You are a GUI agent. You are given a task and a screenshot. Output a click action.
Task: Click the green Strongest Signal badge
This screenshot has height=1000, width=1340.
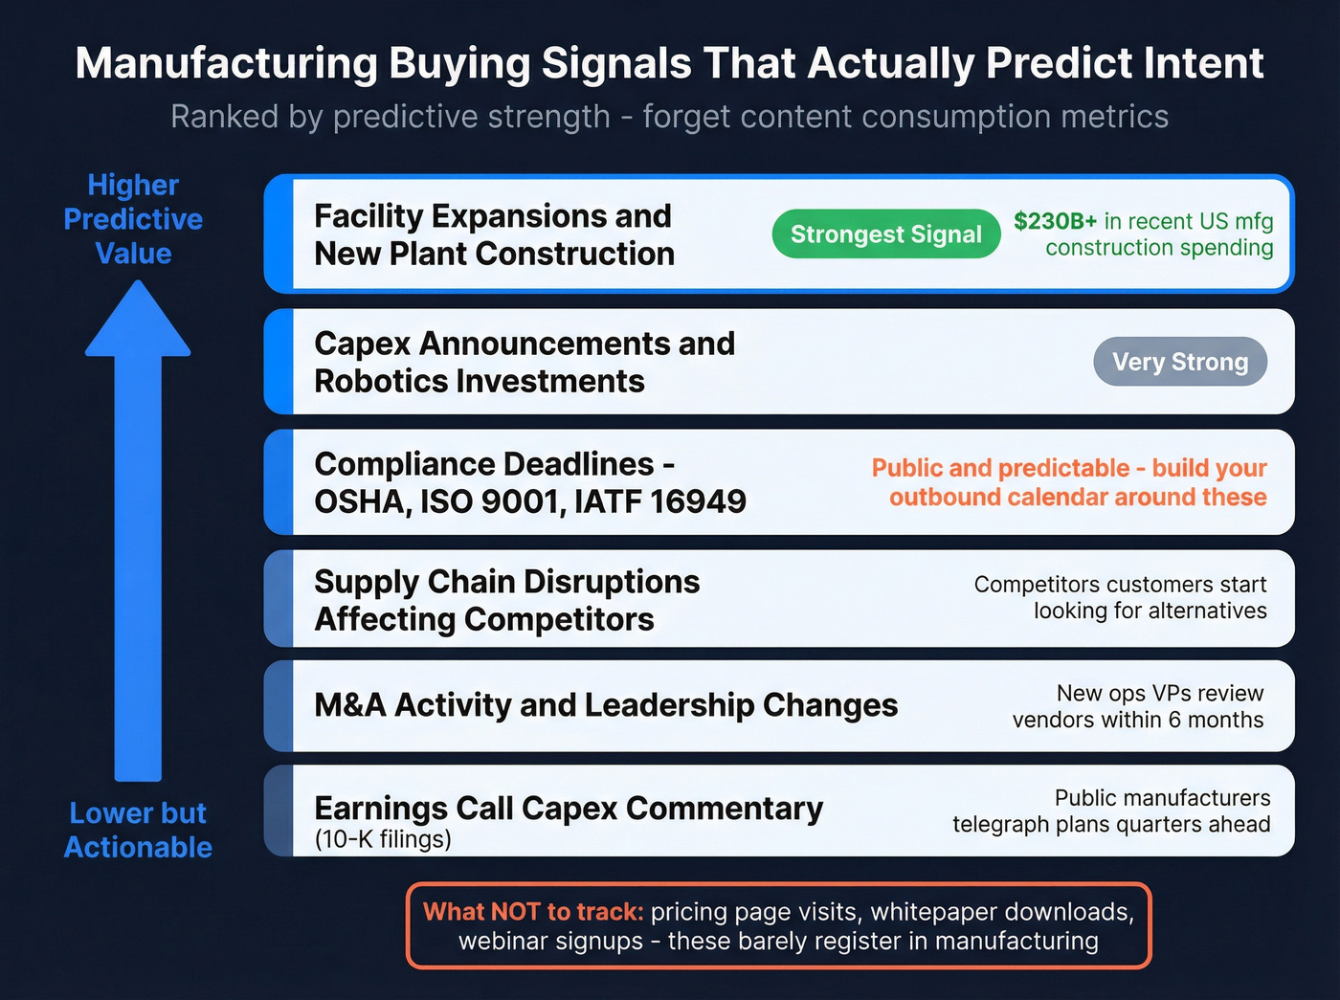(885, 234)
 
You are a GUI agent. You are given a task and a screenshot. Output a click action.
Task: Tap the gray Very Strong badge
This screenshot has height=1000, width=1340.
(1179, 362)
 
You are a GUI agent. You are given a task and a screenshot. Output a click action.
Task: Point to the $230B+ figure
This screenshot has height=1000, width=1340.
(1055, 221)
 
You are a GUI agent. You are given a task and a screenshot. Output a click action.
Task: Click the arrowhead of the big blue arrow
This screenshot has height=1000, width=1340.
(138, 321)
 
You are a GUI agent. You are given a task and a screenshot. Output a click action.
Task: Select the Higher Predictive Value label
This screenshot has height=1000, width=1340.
(133, 219)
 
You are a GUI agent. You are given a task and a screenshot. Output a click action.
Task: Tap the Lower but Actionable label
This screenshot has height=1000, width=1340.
(138, 830)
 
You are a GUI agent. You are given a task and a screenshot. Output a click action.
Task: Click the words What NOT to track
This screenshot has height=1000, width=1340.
(533, 911)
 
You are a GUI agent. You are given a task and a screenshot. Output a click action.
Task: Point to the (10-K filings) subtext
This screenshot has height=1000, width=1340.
(383, 839)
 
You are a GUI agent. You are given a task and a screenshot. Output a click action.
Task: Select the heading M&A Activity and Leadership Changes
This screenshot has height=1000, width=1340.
(605, 705)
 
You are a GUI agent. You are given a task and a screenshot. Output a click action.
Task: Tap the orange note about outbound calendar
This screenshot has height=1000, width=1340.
(1069, 482)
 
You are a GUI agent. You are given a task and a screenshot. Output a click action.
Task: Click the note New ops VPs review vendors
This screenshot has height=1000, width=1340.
(1139, 706)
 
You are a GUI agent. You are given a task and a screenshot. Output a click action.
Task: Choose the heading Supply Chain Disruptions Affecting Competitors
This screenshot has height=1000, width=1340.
(506, 600)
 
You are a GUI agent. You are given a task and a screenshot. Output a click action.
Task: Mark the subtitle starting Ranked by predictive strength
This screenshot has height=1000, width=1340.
(669, 117)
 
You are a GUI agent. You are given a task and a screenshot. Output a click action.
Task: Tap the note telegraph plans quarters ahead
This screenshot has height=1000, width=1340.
(1111, 824)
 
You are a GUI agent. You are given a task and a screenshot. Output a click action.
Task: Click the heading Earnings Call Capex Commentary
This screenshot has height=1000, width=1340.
(569, 809)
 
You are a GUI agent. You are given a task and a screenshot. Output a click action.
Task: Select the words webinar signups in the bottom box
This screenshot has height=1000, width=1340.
(550, 941)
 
